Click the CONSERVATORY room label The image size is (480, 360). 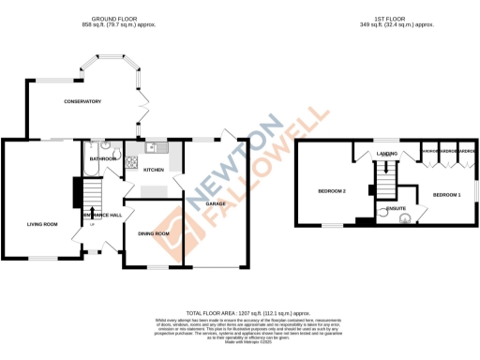(82, 101)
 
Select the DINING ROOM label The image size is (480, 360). (153, 233)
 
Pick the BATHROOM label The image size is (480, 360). (103, 159)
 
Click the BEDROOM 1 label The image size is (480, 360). (446, 194)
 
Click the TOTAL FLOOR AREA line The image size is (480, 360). (247, 312)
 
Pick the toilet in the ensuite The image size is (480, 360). (405, 220)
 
